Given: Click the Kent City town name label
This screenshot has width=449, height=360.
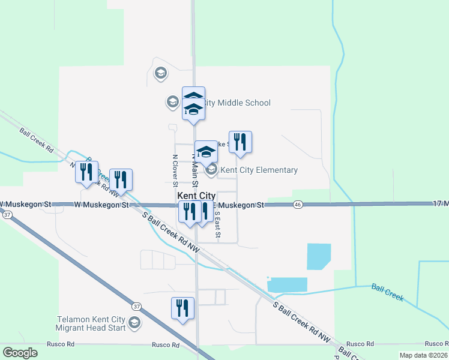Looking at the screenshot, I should pyautogui.click(x=196, y=196).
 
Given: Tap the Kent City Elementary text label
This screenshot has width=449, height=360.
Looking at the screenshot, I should pyautogui.click(x=259, y=170).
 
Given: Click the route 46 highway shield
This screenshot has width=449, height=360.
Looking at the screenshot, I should pyautogui.click(x=298, y=205).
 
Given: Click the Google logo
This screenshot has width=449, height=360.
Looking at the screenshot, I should pyautogui.click(x=20, y=353).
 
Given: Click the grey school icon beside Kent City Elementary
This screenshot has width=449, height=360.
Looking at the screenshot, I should pyautogui.click(x=211, y=170).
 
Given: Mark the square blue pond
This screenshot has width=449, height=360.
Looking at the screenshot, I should pyautogui.click(x=319, y=256).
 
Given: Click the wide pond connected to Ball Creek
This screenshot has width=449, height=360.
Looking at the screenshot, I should pyautogui.click(x=287, y=285).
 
